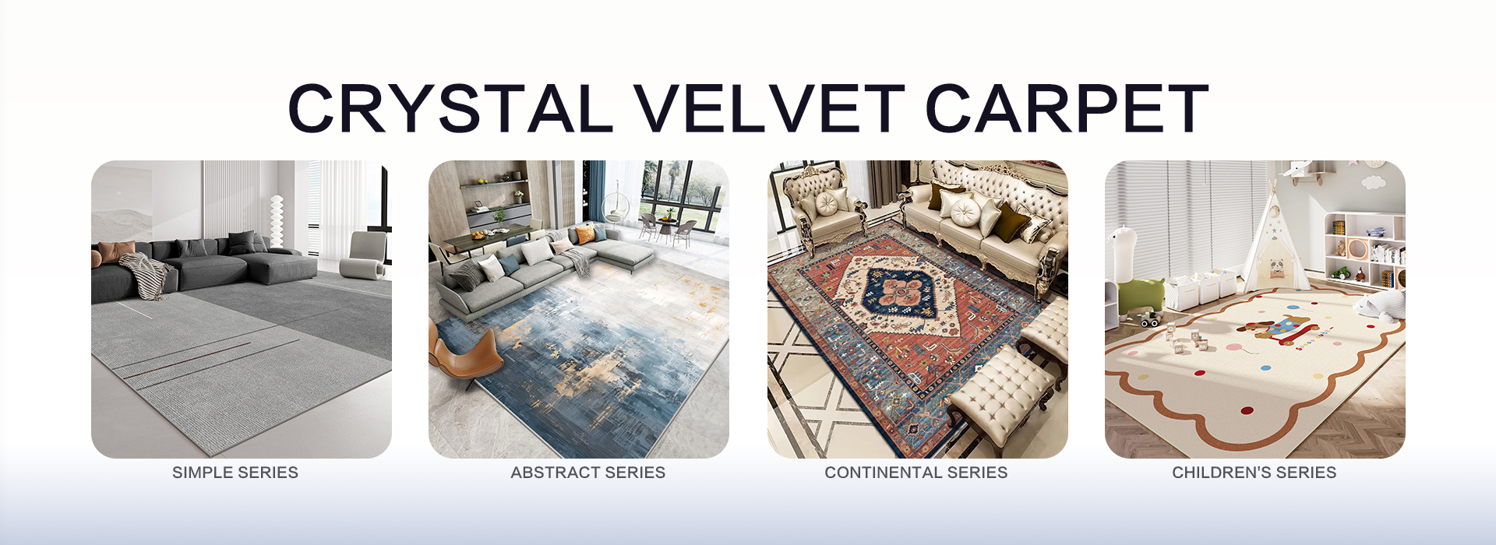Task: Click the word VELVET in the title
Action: click(x=767, y=108)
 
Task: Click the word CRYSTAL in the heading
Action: click(x=450, y=108)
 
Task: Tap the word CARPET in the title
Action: click(x=1067, y=108)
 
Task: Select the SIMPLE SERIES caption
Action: click(x=235, y=473)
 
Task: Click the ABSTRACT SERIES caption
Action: click(x=588, y=473)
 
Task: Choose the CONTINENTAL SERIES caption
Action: click(x=916, y=473)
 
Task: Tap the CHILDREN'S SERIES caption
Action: click(x=1254, y=473)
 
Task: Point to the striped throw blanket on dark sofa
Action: click(x=146, y=274)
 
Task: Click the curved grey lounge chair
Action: click(x=365, y=256)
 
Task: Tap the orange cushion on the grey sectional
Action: click(x=585, y=234)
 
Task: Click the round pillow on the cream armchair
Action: click(x=827, y=204)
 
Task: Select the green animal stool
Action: click(x=1140, y=295)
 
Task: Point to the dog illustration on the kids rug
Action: click(x=1268, y=328)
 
